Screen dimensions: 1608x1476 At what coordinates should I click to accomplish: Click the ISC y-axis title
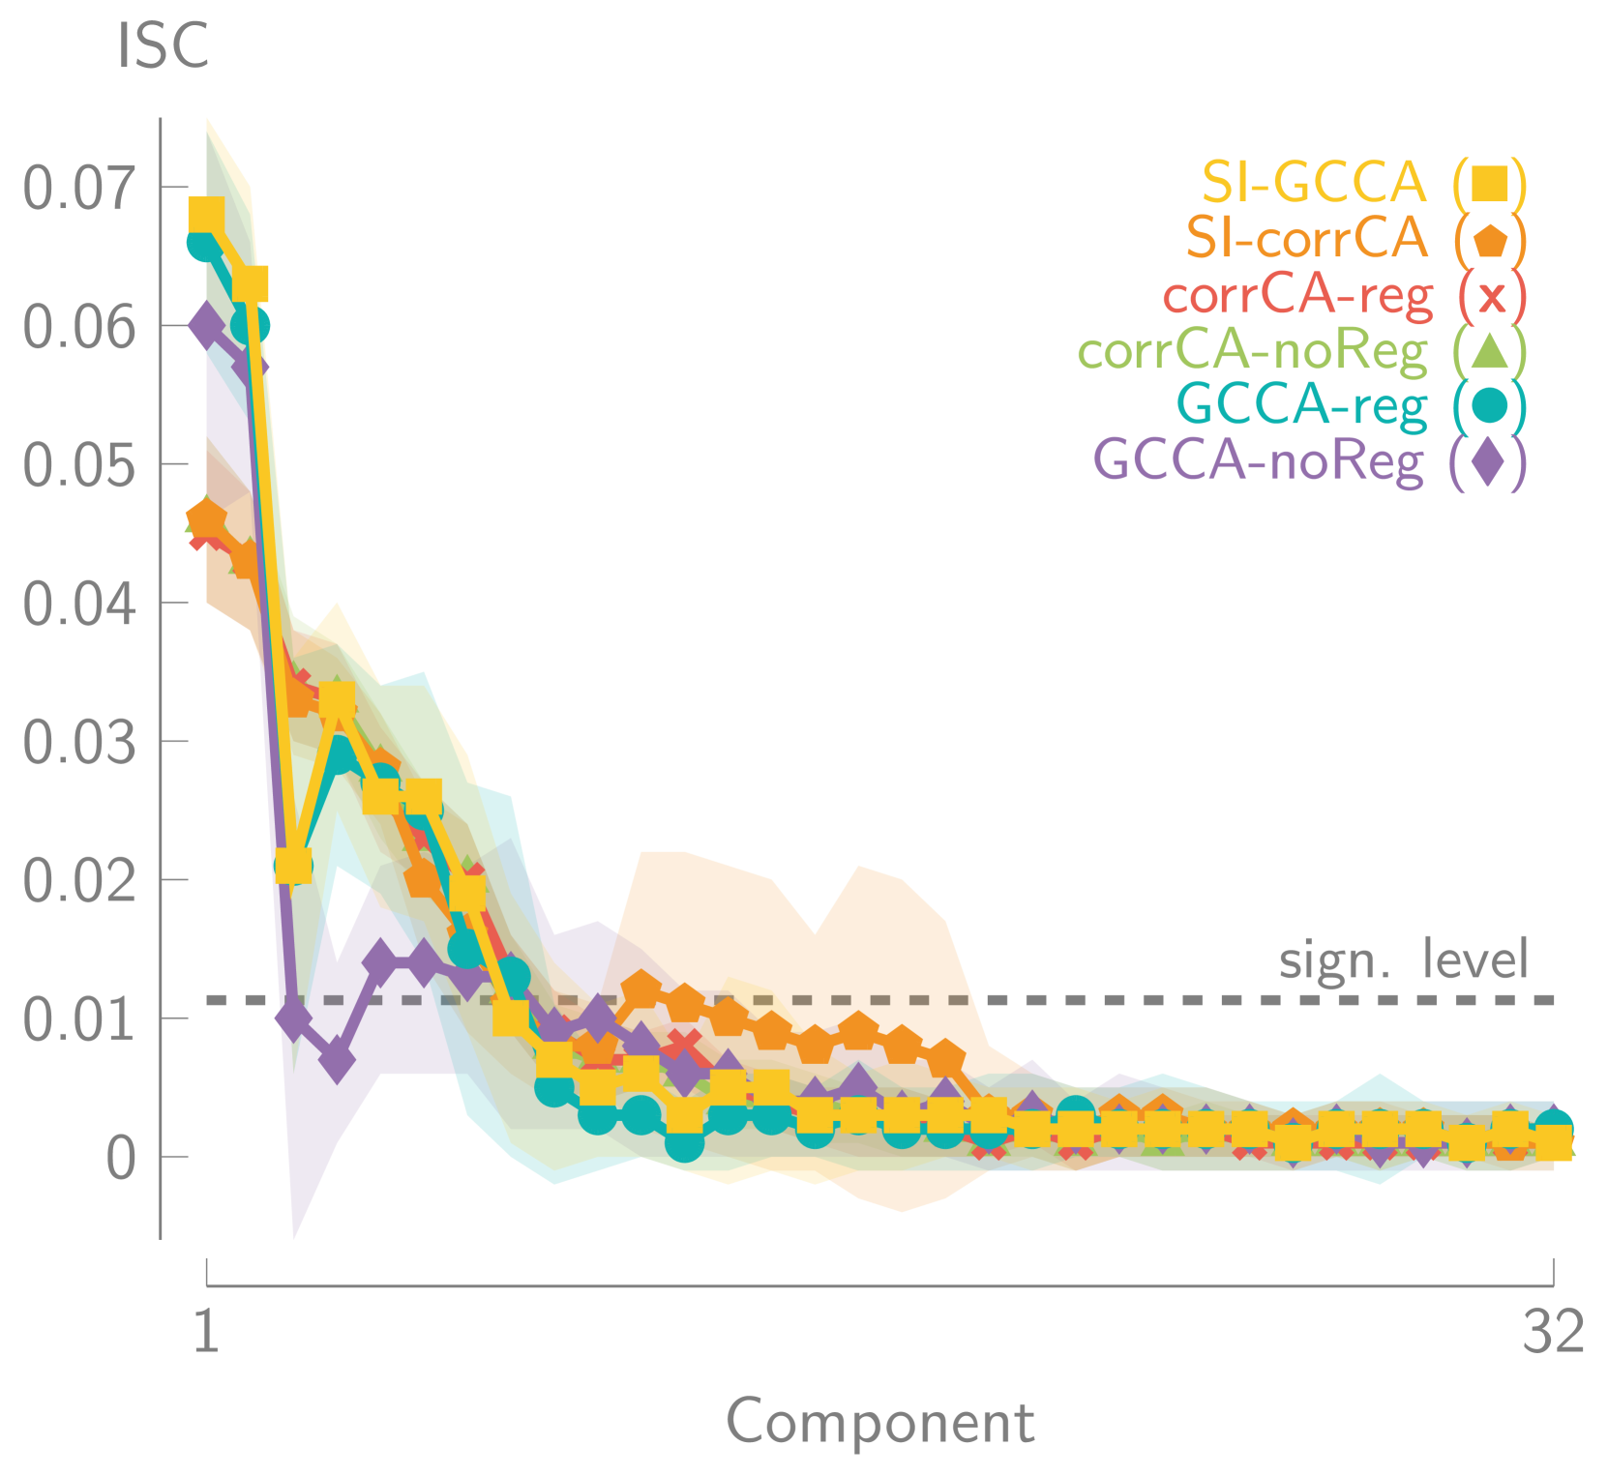[x=163, y=46]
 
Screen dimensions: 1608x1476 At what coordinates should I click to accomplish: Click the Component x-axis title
[x=880, y=1422]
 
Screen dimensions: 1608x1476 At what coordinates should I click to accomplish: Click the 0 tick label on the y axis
[x=121, y=1158]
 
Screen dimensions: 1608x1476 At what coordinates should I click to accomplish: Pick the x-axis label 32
[x=1554, y=1332]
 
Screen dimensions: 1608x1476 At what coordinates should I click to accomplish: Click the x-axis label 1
[x=206, y=1332]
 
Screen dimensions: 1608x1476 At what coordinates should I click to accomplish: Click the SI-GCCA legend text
[x=1315, y=182]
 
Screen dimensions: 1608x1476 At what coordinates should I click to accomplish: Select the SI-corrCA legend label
[x=1307, y=237]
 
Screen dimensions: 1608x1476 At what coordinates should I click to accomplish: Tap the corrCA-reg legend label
[x=1297, y=294]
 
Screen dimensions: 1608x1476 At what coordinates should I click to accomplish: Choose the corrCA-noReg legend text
[x=1253, y=350]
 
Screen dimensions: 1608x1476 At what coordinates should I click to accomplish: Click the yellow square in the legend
[x=1490, y=183]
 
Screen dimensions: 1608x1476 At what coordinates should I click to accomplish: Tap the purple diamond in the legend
[x=1488, y=460]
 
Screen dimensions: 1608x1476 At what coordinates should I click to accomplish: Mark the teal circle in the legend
[x=1490, y=404]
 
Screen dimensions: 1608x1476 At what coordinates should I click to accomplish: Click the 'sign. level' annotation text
[x=1404, y=959]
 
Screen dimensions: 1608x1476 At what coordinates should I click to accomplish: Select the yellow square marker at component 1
[x=206, y=215]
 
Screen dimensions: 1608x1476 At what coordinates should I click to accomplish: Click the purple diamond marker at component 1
[x=206, y=325]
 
